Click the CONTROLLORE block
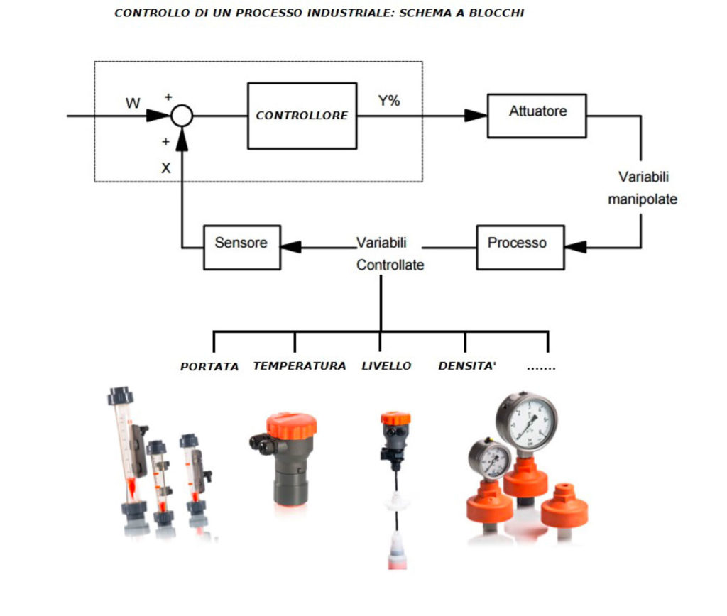click(302, 116)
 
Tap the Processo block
click(520, 246)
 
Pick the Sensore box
click(241, 246)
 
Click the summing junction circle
click(182, 115)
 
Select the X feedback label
click(166, 168)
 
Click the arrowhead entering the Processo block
click(576, 247)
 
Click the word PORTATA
click(209, 367)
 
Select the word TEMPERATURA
click(300, 366)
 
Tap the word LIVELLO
click(386, 366)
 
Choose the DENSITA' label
click(466, 366)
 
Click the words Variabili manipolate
click(643, 188)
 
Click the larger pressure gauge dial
click(526, 422)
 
